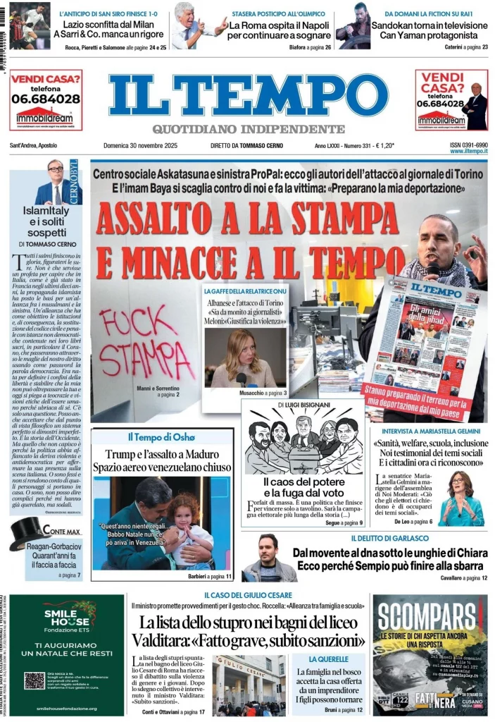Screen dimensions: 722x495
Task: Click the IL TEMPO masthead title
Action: (248, 95)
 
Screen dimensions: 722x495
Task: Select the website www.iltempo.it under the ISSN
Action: (468, 152)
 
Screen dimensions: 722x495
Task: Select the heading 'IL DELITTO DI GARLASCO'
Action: (387, 539)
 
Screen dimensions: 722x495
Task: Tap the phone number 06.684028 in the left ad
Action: (45, 99)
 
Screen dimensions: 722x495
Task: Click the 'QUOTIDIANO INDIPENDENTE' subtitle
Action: (249, 129)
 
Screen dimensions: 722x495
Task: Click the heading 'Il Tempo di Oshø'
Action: (161, 437)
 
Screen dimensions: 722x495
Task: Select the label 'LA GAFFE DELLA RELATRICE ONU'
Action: (244, 291)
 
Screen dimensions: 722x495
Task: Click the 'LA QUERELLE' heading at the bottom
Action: (328, 659)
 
